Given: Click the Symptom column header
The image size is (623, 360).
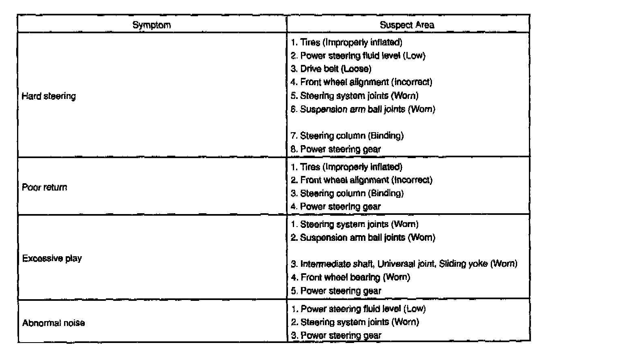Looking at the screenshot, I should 152,25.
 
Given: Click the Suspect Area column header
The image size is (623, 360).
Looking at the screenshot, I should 407,25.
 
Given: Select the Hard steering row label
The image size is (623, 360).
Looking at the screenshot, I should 49,96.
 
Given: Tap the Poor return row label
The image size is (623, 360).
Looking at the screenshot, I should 45,187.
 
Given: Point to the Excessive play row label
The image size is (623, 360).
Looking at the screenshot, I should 52,258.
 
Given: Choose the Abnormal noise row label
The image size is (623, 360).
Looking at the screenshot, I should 54,323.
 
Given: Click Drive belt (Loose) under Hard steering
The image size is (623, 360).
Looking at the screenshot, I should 331,69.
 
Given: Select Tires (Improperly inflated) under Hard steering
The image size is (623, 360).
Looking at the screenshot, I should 346,42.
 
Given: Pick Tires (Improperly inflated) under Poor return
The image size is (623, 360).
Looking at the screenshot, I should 346,167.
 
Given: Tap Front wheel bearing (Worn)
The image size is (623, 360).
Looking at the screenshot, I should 350,277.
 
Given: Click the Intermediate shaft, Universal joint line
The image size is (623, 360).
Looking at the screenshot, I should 404,264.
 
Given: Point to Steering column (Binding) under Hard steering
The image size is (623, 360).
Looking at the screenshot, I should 347,136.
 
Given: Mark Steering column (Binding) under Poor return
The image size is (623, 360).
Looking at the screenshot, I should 347,193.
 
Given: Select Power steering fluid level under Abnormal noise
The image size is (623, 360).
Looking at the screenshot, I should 359,309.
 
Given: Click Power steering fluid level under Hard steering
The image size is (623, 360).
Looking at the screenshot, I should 358,56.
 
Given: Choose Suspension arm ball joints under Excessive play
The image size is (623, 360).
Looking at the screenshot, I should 363,238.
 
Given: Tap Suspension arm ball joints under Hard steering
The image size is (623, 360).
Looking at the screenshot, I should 363,109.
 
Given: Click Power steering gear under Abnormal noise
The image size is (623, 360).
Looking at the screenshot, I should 336,335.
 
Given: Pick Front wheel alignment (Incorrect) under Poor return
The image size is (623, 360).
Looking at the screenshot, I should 362,180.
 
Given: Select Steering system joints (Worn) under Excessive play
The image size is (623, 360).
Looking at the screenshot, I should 355,224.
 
